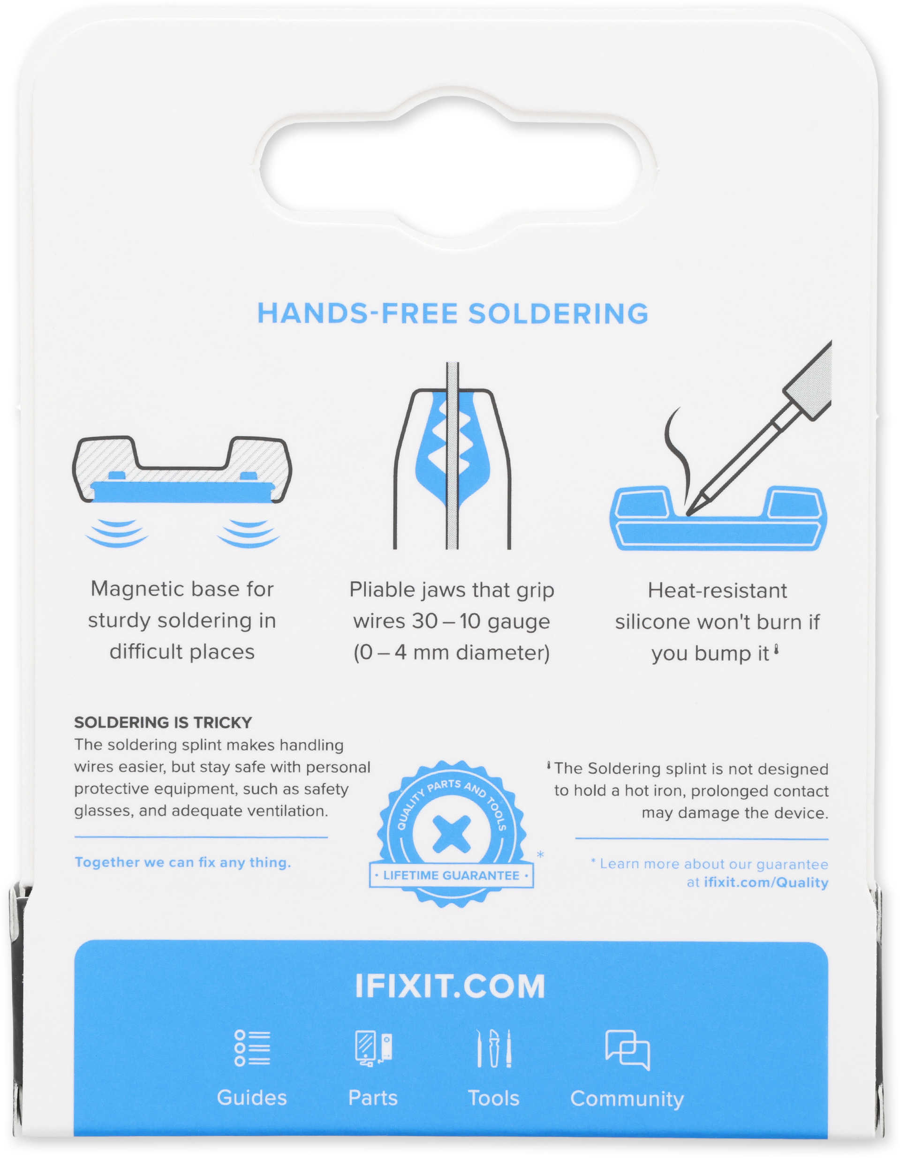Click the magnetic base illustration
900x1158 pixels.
(x=182, y=492)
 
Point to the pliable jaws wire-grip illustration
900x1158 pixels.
(x=452, y=456)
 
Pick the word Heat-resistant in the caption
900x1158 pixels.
(x=717, y=590)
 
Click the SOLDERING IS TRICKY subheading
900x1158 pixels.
(x=163, y=722)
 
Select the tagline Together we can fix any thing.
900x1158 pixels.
(x=183, y=863)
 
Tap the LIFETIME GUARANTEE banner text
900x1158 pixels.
(x=451, y=875)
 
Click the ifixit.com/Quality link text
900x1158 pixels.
(x=766, y=882)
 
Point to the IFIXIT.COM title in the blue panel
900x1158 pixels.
(x=450, y=986)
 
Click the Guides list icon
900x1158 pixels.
(x=252, y=1048)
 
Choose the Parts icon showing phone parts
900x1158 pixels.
(x=374, y=1048)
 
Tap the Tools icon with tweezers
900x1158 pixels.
(x=494, y=1048)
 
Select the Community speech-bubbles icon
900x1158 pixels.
(x=628, y=1050)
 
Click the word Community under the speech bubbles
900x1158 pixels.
(x=627, y=1098)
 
